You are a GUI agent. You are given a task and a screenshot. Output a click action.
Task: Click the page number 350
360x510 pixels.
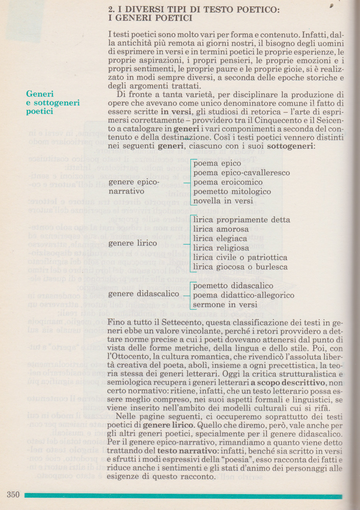coord(13,495)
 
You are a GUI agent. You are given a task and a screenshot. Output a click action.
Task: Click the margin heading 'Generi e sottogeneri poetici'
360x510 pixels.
coord(53,103)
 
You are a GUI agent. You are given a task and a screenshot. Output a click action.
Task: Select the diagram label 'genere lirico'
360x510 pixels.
coord(132,243)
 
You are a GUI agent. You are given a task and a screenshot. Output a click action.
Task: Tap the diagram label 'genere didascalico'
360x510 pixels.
coord(144,294)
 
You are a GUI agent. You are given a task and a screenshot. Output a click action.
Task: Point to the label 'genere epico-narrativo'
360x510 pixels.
coord(134,187)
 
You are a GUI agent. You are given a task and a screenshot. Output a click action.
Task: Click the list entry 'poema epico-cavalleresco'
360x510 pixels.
coord(241,173)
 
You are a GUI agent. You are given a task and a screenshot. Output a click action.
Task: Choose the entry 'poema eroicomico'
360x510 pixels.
coord(228,182)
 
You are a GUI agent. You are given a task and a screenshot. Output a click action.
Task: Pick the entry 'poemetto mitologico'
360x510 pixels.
coord(232,192)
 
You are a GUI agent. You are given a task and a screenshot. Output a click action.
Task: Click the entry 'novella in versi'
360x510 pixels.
coord(223,201)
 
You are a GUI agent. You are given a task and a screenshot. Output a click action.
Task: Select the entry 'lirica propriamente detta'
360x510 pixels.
coord(241,220)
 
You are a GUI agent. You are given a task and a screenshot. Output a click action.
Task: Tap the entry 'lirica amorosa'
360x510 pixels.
coord(221,229)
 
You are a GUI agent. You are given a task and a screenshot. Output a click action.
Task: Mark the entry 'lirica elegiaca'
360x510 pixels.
coord(220,239)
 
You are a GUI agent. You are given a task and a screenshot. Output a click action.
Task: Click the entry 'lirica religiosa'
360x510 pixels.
coord(221,248)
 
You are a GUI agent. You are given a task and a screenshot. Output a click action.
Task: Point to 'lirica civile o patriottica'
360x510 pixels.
coord(240,258)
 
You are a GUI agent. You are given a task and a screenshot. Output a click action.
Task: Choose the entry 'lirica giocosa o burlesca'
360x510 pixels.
coord(240,267)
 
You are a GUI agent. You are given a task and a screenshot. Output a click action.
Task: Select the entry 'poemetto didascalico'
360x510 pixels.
coord(233,286)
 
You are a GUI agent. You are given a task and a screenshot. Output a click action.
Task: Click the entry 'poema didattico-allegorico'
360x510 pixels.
coord(243,296)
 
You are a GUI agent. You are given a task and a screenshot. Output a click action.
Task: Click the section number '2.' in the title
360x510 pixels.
coord(112,10)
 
